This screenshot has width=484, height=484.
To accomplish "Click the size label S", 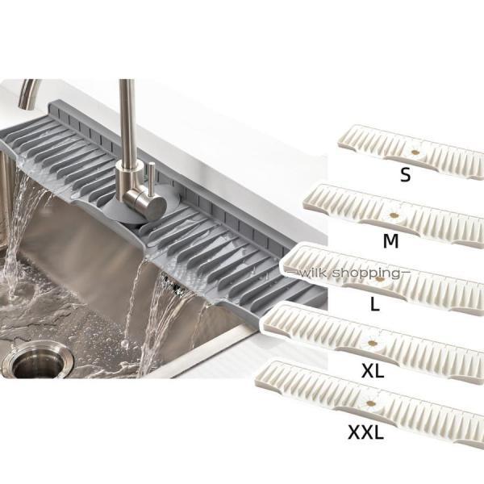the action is click(x=405, y=174).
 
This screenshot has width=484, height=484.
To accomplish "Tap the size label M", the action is click(x=390, y=240).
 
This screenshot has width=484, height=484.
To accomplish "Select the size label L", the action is click(x=374, y=304).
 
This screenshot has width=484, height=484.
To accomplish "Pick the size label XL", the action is click(x=373, y=370).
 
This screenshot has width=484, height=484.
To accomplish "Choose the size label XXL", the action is click(x=365, y=432).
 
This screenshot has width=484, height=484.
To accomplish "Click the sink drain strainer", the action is click(x=38, y=360).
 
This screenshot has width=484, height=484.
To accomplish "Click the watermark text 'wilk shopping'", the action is click(x=348, y=273).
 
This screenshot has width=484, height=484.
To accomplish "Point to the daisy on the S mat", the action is click(x=415, y=152).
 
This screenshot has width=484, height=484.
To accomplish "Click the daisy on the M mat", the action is click(x=393, y=215).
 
